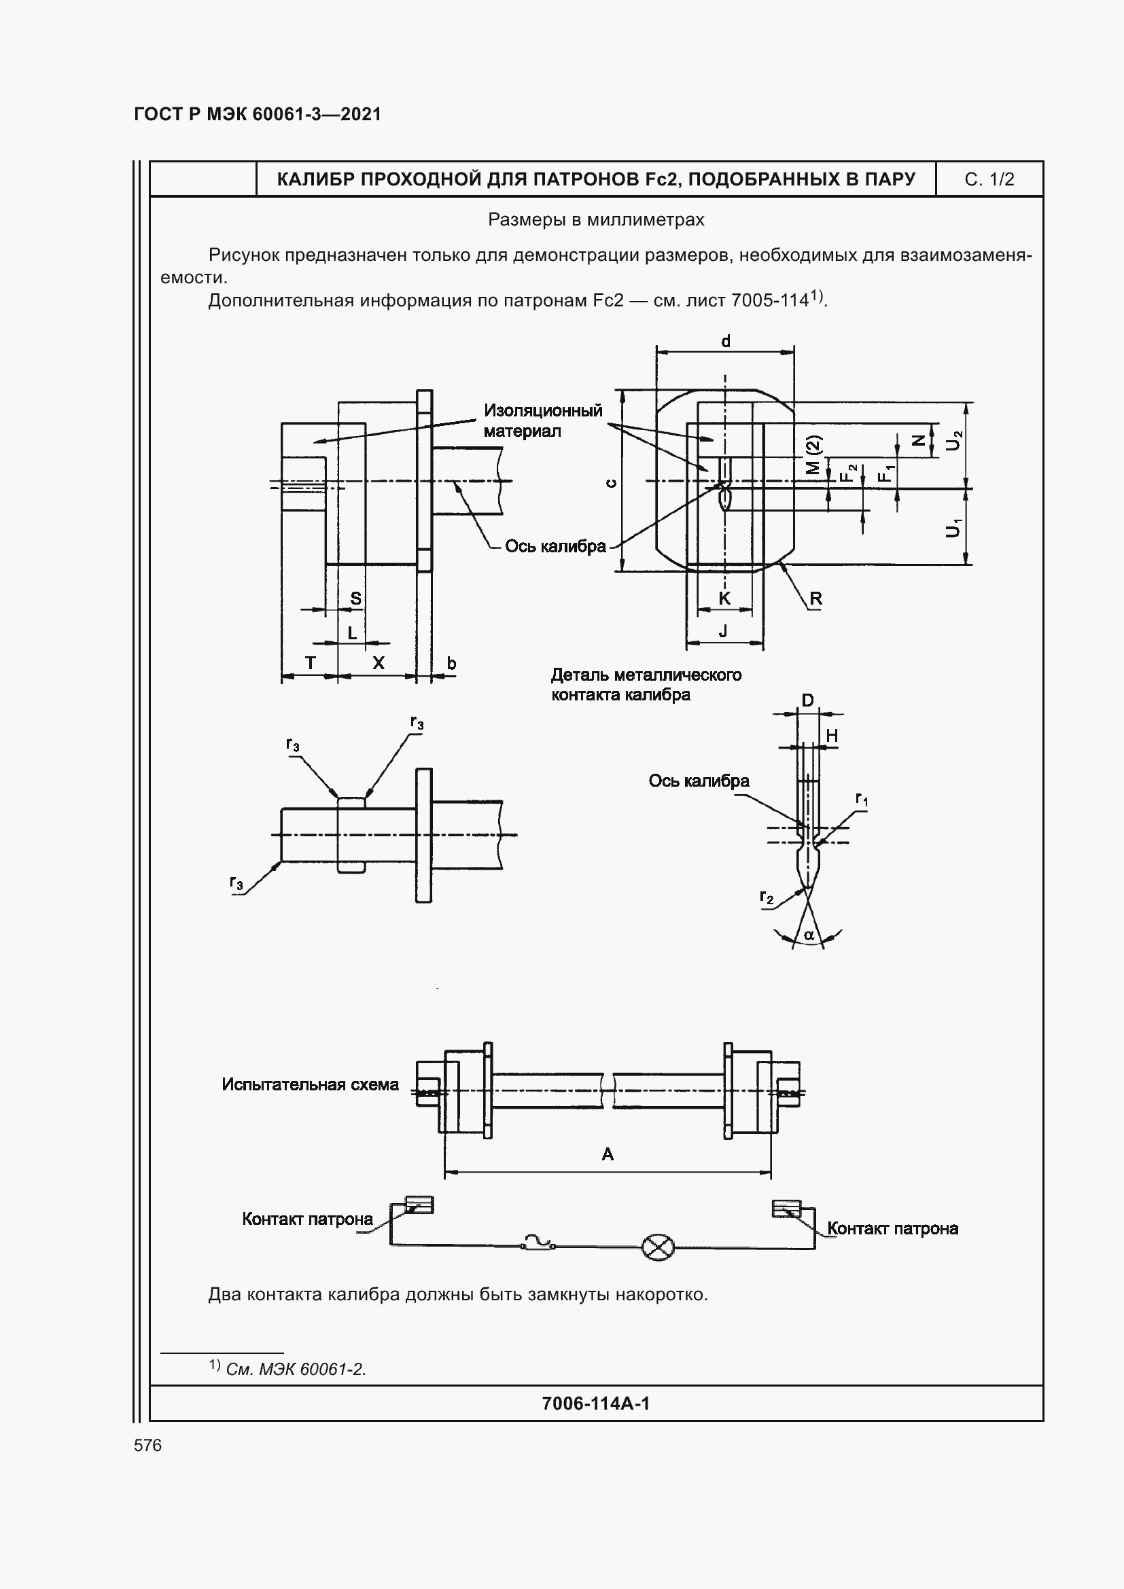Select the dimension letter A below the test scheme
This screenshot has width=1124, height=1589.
click(x=608, y=1154)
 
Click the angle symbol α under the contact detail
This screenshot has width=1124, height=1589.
click(x=809, y=936)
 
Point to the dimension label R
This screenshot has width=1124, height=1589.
click(x=816, y=599)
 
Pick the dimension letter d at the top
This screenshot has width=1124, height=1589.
click(x=725, y=341)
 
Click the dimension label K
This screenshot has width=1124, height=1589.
click(x=724, y=599)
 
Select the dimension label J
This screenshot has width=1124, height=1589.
click(x=724, y=630)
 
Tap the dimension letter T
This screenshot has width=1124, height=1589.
click(x=310, y=663)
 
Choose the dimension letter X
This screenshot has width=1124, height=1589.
click(x=379, y=663)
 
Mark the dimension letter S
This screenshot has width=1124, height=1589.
click(x=355, y=599)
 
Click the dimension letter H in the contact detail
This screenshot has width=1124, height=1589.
click(x=832, y=736)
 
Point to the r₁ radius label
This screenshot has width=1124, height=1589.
click(x=862, y=800)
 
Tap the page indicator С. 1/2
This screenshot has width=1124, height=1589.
click(x=989, y=179)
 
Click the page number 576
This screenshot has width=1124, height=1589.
click(x=148, y=1445)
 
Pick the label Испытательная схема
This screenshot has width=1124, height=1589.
click(x=310, y=1084)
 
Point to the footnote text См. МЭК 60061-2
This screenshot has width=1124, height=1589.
click(x=296, y=1369)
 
